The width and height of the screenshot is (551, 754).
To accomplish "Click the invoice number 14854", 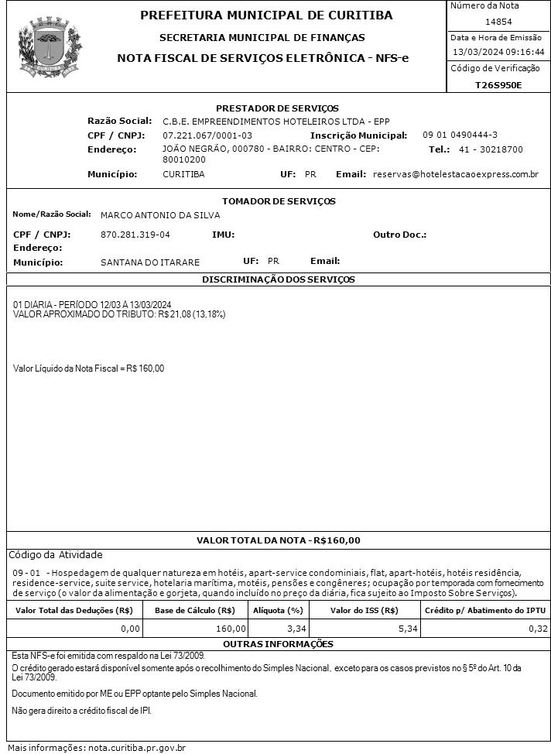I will [x=498, y=22].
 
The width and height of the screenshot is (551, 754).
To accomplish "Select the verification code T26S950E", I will [x=498, y=84].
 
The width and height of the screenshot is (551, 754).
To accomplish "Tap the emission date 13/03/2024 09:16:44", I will [x=498, y=52].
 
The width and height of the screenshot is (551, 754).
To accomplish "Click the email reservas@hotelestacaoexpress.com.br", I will [x=456, y=174].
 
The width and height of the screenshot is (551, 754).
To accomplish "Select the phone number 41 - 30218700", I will [x=491, y=149].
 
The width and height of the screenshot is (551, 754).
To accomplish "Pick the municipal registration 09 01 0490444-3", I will [x=460, y=135].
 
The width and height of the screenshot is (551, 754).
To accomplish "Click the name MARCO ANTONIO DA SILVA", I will [x=160, y=215].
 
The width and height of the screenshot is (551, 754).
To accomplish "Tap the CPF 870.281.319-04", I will [x=135, y=234].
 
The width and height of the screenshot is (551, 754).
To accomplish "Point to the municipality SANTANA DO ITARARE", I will [x=150, y=262].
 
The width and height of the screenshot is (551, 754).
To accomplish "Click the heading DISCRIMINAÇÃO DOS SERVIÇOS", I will [x=278, y=279].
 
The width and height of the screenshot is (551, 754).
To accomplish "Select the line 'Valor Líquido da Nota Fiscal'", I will [x=89, y=368].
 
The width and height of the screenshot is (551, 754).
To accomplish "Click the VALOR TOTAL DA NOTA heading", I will [x=278, y=540].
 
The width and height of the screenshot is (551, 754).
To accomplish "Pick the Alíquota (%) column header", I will [x=279, y=610].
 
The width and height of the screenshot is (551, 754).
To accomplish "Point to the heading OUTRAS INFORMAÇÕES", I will [x=278, y=644].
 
